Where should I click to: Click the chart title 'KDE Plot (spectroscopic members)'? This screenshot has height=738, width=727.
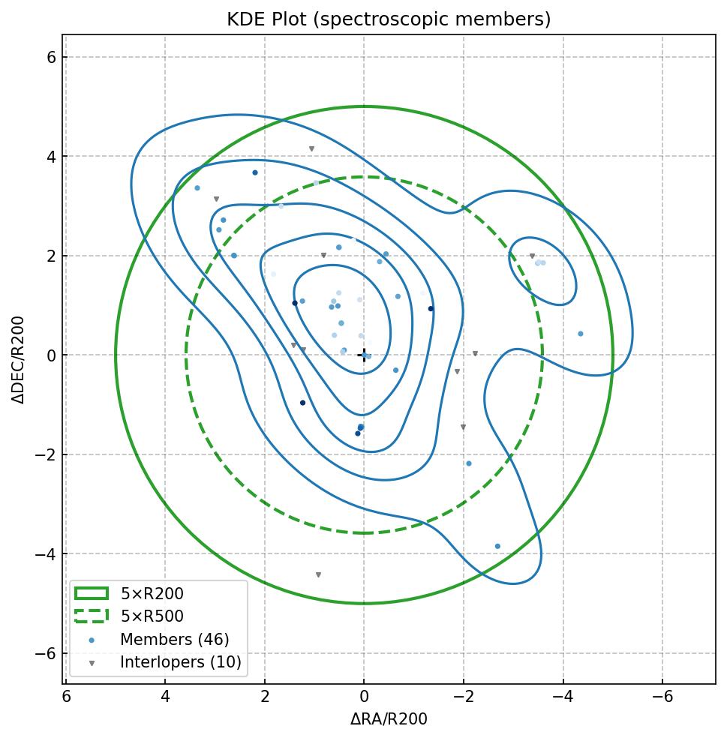tap(389, 19)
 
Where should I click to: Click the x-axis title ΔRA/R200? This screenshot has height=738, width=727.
tap(389, 720)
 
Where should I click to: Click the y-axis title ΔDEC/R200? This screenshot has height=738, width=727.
tap(19, 360)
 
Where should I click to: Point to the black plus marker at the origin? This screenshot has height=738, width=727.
tap(364, 355)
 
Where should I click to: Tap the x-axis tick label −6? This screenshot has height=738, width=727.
tap(662, 697)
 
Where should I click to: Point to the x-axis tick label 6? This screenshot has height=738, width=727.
tap(66, 697)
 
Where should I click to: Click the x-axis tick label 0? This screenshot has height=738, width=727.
tap(364, 697)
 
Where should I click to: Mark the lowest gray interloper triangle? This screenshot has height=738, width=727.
tap(318, 575)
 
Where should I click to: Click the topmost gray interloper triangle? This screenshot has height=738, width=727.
tap(311, 149)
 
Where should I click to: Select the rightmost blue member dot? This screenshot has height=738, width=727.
tap(580, 334)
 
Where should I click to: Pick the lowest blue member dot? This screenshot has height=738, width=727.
tap(497, 547)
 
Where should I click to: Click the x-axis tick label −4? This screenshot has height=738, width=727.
tap(563, 697)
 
